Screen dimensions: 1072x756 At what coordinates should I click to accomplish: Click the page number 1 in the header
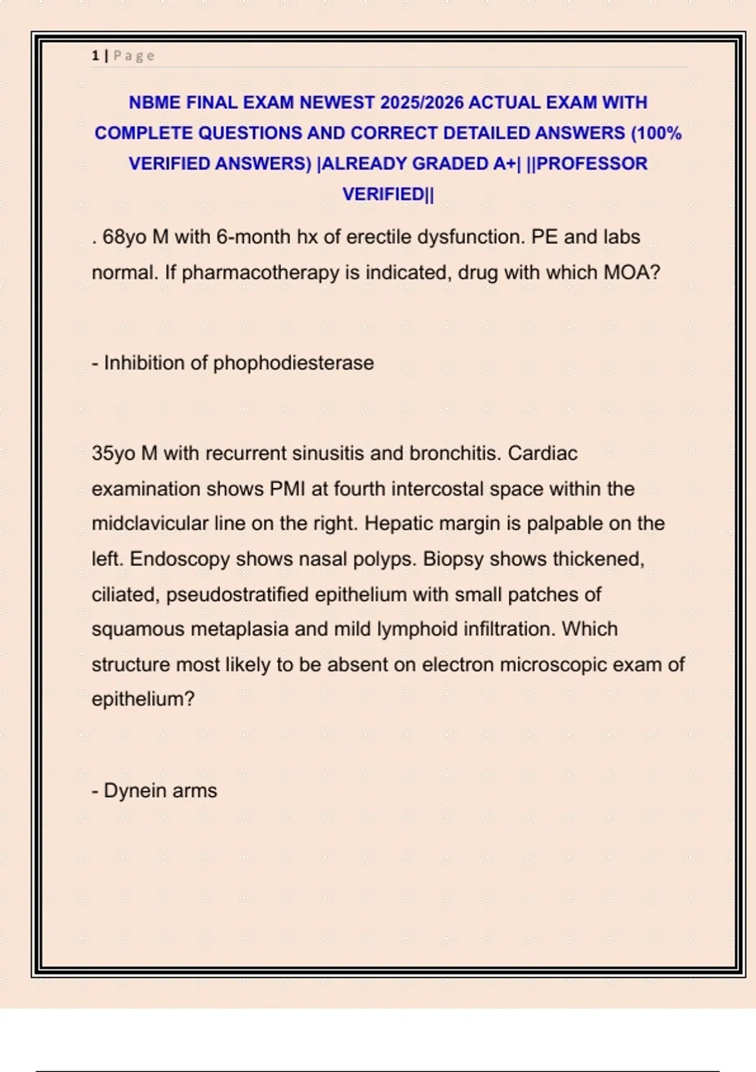click(x=95, y=55)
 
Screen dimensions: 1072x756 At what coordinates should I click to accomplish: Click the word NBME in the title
click(x=154, y=102)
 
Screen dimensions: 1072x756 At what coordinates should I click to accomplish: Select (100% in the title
click(x=656, y=133)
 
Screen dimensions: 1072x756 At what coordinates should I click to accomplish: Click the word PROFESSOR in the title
click(x=592, y=163)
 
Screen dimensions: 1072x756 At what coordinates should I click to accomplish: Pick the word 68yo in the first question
click(x=124, y=237)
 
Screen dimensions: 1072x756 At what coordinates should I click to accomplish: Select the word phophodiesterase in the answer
click(x=293, y=363)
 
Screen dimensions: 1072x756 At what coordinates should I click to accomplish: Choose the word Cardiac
click(x=542, y=453)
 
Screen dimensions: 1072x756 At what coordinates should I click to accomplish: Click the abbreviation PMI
click(x=287, y=489)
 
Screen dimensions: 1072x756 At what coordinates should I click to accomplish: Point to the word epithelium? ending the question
click(x=143, y=699)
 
